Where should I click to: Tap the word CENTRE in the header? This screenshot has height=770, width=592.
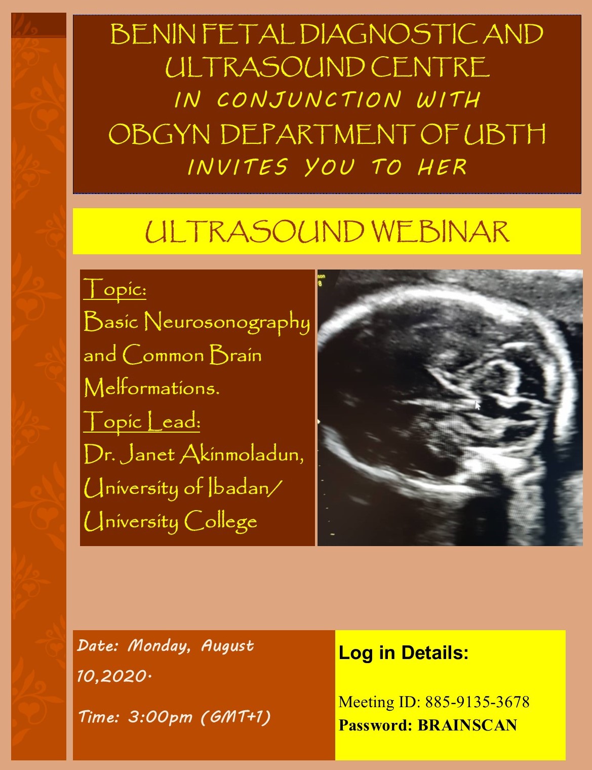coord(430,67)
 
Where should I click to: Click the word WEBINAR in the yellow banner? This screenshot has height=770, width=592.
coord(440,232)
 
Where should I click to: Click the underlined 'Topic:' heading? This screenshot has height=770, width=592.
coord(115,289)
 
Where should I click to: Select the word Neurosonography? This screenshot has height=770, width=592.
coord(227,322)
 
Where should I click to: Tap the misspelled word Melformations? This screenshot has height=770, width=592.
coord(151,388)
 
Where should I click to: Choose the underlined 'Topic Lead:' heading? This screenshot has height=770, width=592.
coord(142,421)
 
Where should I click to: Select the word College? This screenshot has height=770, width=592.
coord(221,521)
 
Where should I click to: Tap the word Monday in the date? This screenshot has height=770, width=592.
coord(160,646)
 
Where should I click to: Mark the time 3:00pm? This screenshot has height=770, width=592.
coord(160,717)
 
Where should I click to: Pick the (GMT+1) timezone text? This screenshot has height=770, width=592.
coord(235,717)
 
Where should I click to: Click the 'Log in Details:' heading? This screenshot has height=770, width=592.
coord(404,652)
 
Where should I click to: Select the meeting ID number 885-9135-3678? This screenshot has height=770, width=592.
coord(477,702)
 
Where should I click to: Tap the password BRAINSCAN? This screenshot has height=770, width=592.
coord(467,725)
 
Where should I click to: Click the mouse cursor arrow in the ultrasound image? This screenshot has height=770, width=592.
coord(477,405)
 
